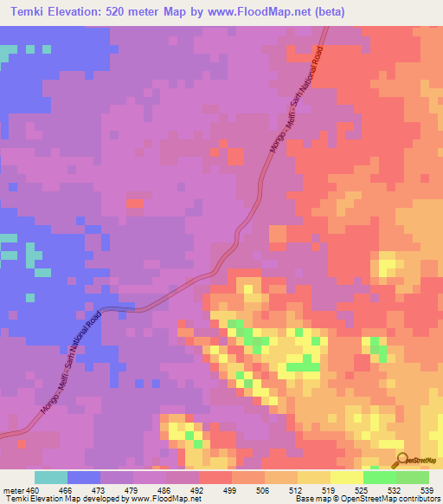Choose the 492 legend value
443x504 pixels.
click(x=198, y=489)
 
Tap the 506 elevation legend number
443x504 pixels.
click(x=264, y=489)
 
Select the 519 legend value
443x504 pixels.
click(x=330, y=489)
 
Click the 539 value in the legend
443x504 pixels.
click(x=428, y=489)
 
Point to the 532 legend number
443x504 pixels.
click(x=395, y=489)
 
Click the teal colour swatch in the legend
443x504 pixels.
click(x=50, y=477)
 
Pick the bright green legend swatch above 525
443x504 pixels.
click(x=379, y=477)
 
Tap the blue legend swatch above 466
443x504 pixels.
click(x=83, y=477)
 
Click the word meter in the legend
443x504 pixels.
click(x=11, y=489)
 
